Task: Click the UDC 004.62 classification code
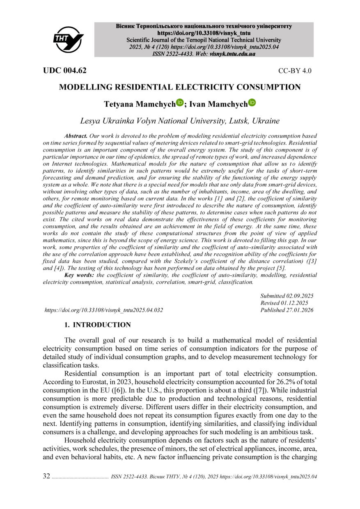coord(65,71)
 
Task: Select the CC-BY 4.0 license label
coord(295,71)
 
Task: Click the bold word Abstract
coord(76,135)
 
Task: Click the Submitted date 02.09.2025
coord(299,296)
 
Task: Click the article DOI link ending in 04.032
coord(103,310)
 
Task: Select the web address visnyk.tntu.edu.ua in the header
coord(232,54)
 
